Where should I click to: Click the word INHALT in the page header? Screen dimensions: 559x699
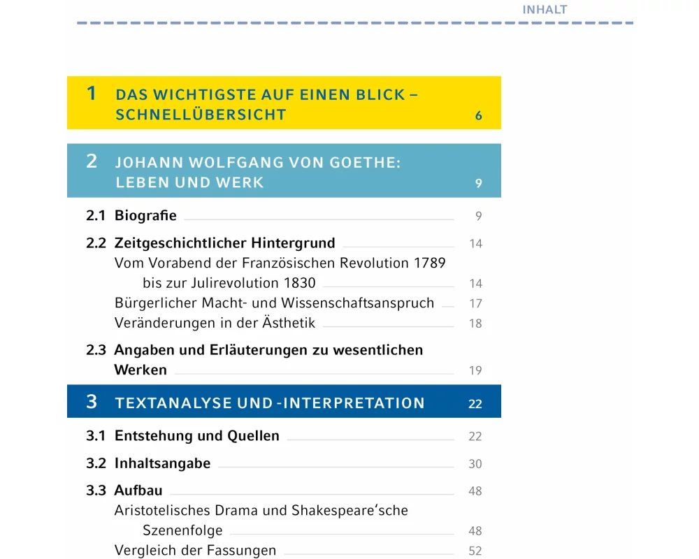545,10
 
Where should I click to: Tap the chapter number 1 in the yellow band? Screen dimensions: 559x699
92,94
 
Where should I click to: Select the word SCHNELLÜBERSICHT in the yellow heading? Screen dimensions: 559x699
201,115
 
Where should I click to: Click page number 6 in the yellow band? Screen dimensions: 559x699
479,116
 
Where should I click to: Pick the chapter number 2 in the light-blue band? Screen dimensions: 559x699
92,161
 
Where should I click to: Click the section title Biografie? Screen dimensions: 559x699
145,216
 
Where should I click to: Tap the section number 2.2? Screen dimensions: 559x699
96,244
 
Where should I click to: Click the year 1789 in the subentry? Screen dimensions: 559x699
428,263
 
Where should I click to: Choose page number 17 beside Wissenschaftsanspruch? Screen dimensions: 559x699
475,304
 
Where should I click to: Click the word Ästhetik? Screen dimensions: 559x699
287,323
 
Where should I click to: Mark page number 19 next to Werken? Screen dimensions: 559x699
475,370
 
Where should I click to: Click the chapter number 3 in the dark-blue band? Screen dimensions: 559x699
92,402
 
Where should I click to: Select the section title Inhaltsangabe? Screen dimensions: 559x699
162,463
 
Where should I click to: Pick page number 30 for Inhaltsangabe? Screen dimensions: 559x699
475,464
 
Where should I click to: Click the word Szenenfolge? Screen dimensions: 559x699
182,530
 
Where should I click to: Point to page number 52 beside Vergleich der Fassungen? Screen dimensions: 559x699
475,551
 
